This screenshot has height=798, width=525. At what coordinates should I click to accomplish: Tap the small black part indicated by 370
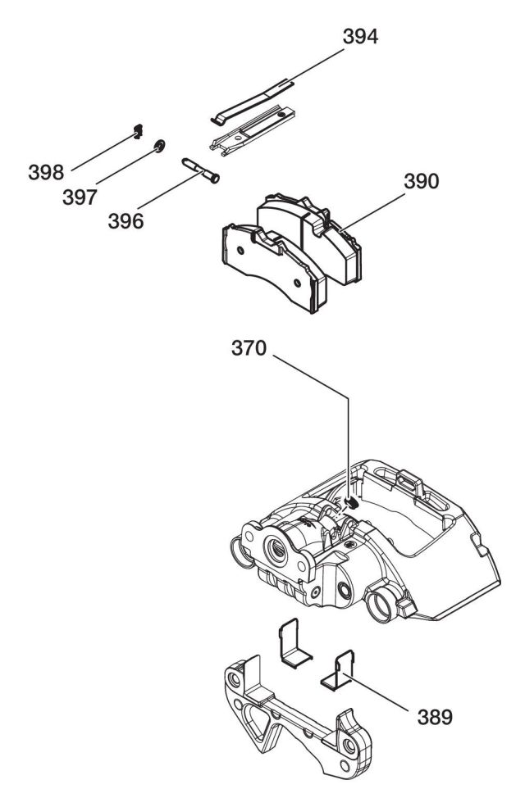point(351,501)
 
